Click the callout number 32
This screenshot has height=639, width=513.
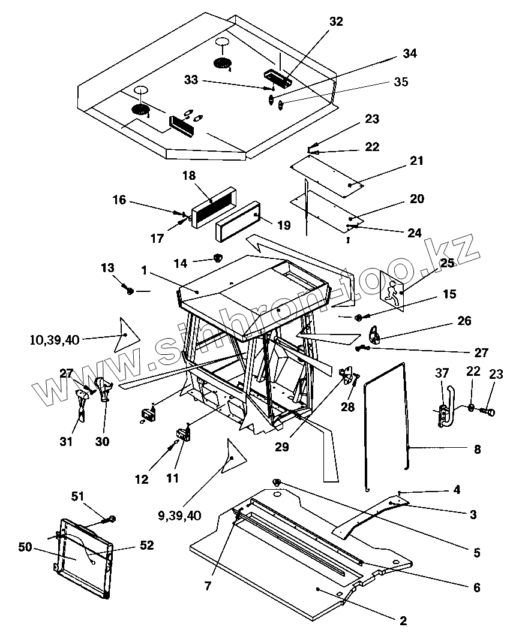point(336,22)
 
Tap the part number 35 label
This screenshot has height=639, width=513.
point(401,82)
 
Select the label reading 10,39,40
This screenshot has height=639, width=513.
point(54,340)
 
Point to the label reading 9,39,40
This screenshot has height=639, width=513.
point(179,515)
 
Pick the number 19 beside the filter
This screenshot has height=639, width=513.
point(283,225)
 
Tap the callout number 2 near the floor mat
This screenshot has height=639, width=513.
point(403,620)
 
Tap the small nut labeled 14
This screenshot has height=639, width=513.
point(217,258)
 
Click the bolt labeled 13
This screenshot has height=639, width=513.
point(129,291)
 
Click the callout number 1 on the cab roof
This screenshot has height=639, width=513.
point(143,271)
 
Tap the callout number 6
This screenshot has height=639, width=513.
point(476,587)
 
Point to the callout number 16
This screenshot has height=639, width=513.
point(119,200)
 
